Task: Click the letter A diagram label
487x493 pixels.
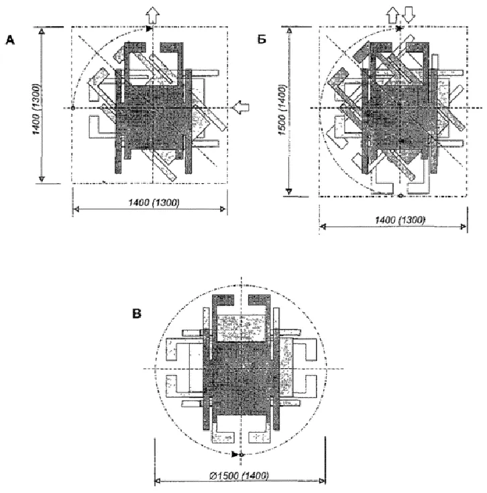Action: (x=10, y=40)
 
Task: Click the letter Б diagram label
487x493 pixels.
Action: (x=262, y=40)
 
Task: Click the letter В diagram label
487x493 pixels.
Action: (x=137, y=314)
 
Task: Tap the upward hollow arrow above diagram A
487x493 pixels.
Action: (x=153, y=15)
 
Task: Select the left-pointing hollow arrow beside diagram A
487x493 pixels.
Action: (x=241, y=107)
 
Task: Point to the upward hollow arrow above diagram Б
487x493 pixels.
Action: (x=392, y=15)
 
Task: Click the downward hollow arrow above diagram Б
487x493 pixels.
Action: (x=409, y=15)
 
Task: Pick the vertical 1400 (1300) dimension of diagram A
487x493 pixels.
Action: (x=37, y=109)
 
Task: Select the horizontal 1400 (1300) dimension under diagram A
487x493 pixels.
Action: (x=154, y=203)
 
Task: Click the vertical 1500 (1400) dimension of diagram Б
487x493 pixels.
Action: (x=283, y=110)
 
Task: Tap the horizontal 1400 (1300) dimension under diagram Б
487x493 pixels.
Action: (x=400, y=220)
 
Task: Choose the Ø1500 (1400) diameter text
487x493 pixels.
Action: (x=239, y=476)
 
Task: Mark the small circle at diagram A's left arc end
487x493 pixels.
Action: (x=73, y=108)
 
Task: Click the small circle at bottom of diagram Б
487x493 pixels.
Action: (x=400, y=196)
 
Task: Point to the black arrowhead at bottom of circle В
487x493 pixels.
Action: (x=235, y=454)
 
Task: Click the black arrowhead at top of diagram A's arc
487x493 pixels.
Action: (x=149, y=29)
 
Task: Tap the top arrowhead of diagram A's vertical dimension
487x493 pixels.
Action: (x=42, y=32)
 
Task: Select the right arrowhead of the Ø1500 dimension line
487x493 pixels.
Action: (x=321, y=481)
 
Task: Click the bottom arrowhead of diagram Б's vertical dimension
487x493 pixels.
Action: (x=289, y=191)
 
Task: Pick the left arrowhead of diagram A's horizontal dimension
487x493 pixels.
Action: (x=76, y=209)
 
